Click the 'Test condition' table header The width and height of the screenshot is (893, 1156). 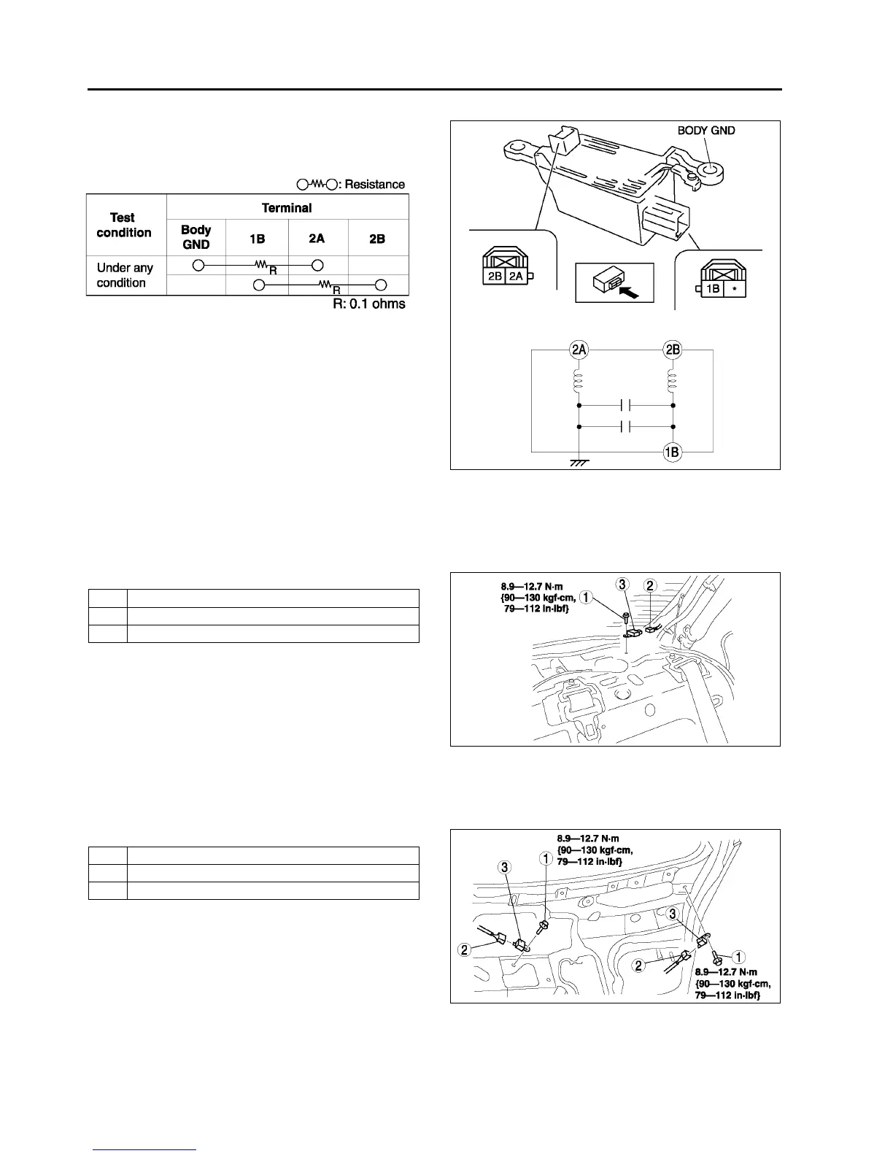tap(123, 225)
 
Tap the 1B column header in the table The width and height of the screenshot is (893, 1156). tap(257, 239)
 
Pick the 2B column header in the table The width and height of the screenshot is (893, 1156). tap(377, 239)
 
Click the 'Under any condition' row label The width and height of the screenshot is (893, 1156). tap(124, 275)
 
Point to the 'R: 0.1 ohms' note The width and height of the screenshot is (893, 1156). tap(369, 304)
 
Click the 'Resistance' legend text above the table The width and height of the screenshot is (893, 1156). tap(374, 185)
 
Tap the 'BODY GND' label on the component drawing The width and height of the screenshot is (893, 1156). tap(705, 131)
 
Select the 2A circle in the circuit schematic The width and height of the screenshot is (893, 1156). tap(579, 350)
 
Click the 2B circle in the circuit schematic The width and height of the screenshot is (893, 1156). tap(672, 350)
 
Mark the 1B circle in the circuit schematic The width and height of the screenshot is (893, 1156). tap(671, 452)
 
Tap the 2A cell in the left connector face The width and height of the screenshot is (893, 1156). tap(516, 275)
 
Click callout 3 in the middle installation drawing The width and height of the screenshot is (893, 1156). tap(622, 585)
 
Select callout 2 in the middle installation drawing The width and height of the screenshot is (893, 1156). tap(651, 585)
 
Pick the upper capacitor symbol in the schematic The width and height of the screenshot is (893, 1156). tap(625, 404)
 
